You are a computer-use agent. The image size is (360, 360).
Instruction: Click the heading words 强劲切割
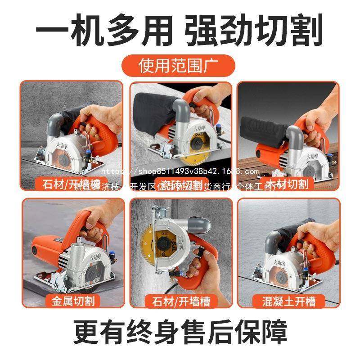point(256,28)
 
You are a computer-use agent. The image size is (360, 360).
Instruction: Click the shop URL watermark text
point(180,171)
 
